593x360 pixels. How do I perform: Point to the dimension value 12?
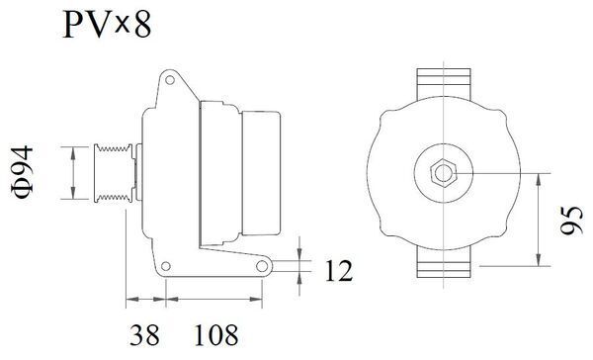click(x=336, y=269)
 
